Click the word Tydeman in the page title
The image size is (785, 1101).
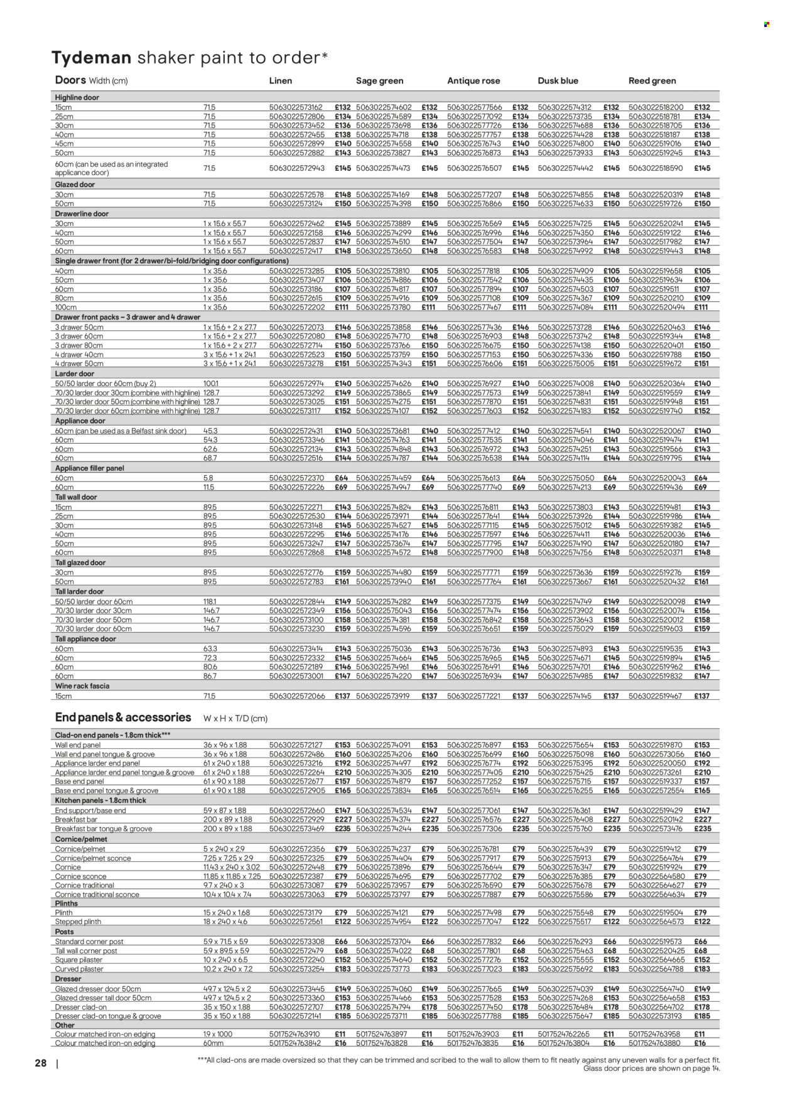point(91,58)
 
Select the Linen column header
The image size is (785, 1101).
point(281,81)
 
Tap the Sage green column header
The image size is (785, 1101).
point(379,81)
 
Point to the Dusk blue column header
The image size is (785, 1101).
point(558,81)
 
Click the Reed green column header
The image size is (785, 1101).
point(652,81)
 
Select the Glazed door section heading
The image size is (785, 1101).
point(75,185)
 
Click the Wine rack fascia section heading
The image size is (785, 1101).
point(82,686)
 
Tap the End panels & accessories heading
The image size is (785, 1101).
point(123,717)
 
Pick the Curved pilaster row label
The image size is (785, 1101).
point(80,969)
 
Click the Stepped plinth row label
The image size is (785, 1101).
point(78,921)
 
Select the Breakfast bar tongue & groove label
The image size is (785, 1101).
point(104,829)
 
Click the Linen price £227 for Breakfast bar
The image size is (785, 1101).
point(342,820)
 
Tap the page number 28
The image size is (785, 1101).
point(41,1063)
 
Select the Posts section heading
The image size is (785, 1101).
point(64,932)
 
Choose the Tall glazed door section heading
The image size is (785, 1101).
point(80,562)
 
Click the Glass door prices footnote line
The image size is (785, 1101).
point(652,1068)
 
